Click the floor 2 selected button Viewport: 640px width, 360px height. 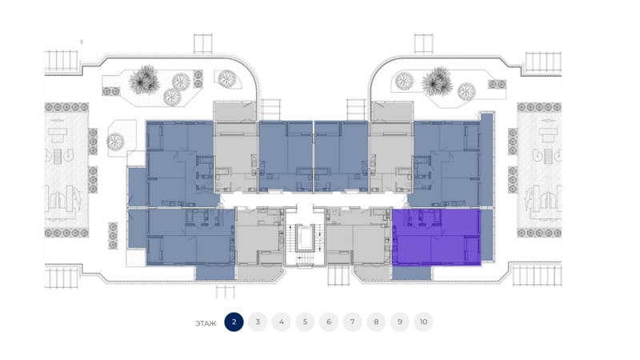tap(234, 322)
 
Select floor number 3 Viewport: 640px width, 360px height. tap(258, 322)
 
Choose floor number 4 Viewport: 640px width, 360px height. tap(281, 322)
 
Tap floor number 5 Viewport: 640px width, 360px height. tap(305, 322)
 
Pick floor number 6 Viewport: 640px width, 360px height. tap(328, 322)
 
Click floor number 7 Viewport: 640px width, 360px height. tap(352, 322)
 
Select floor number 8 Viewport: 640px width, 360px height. tap(375, 322)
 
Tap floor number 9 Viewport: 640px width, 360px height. tap(399, 322)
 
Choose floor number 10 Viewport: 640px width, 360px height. tap(423, 322)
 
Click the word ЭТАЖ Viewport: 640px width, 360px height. tap(205, 323)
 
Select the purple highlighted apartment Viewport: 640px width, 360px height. tap(436, 237)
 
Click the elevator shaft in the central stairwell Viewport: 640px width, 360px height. tap(304, 239)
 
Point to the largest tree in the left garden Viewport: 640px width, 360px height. tap(146, 78)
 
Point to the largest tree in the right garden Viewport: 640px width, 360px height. tap(438, 80)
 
